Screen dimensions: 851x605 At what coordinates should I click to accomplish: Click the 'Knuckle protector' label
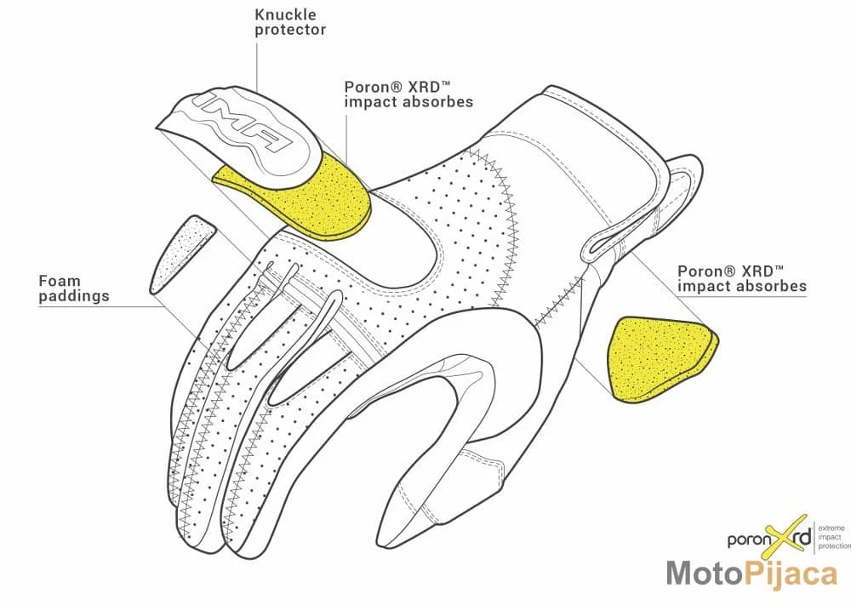pos(290,22)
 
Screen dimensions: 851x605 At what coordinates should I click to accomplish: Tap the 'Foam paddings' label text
pos(74,288)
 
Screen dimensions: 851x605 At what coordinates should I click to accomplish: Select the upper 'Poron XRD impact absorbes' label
pos(408,94)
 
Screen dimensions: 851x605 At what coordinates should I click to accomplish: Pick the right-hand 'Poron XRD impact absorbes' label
pos(742,278)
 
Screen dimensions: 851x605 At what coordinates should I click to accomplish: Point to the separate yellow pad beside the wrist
pos(661,358)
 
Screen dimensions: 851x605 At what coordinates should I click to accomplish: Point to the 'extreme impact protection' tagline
pos(834,537)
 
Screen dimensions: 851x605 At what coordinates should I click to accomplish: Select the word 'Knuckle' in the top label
pos(285,14)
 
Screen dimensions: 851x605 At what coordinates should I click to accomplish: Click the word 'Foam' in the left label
pos(60,281)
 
